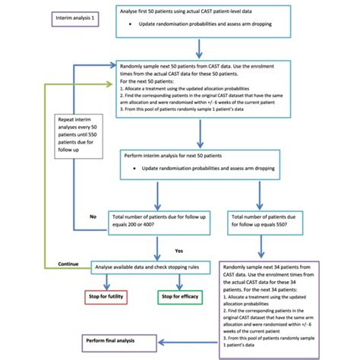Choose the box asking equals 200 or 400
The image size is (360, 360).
pos(156,220)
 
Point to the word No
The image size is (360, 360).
pos(93,216)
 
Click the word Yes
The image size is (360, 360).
pos(179,250)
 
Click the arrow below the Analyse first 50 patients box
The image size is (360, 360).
pos(199,49)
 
